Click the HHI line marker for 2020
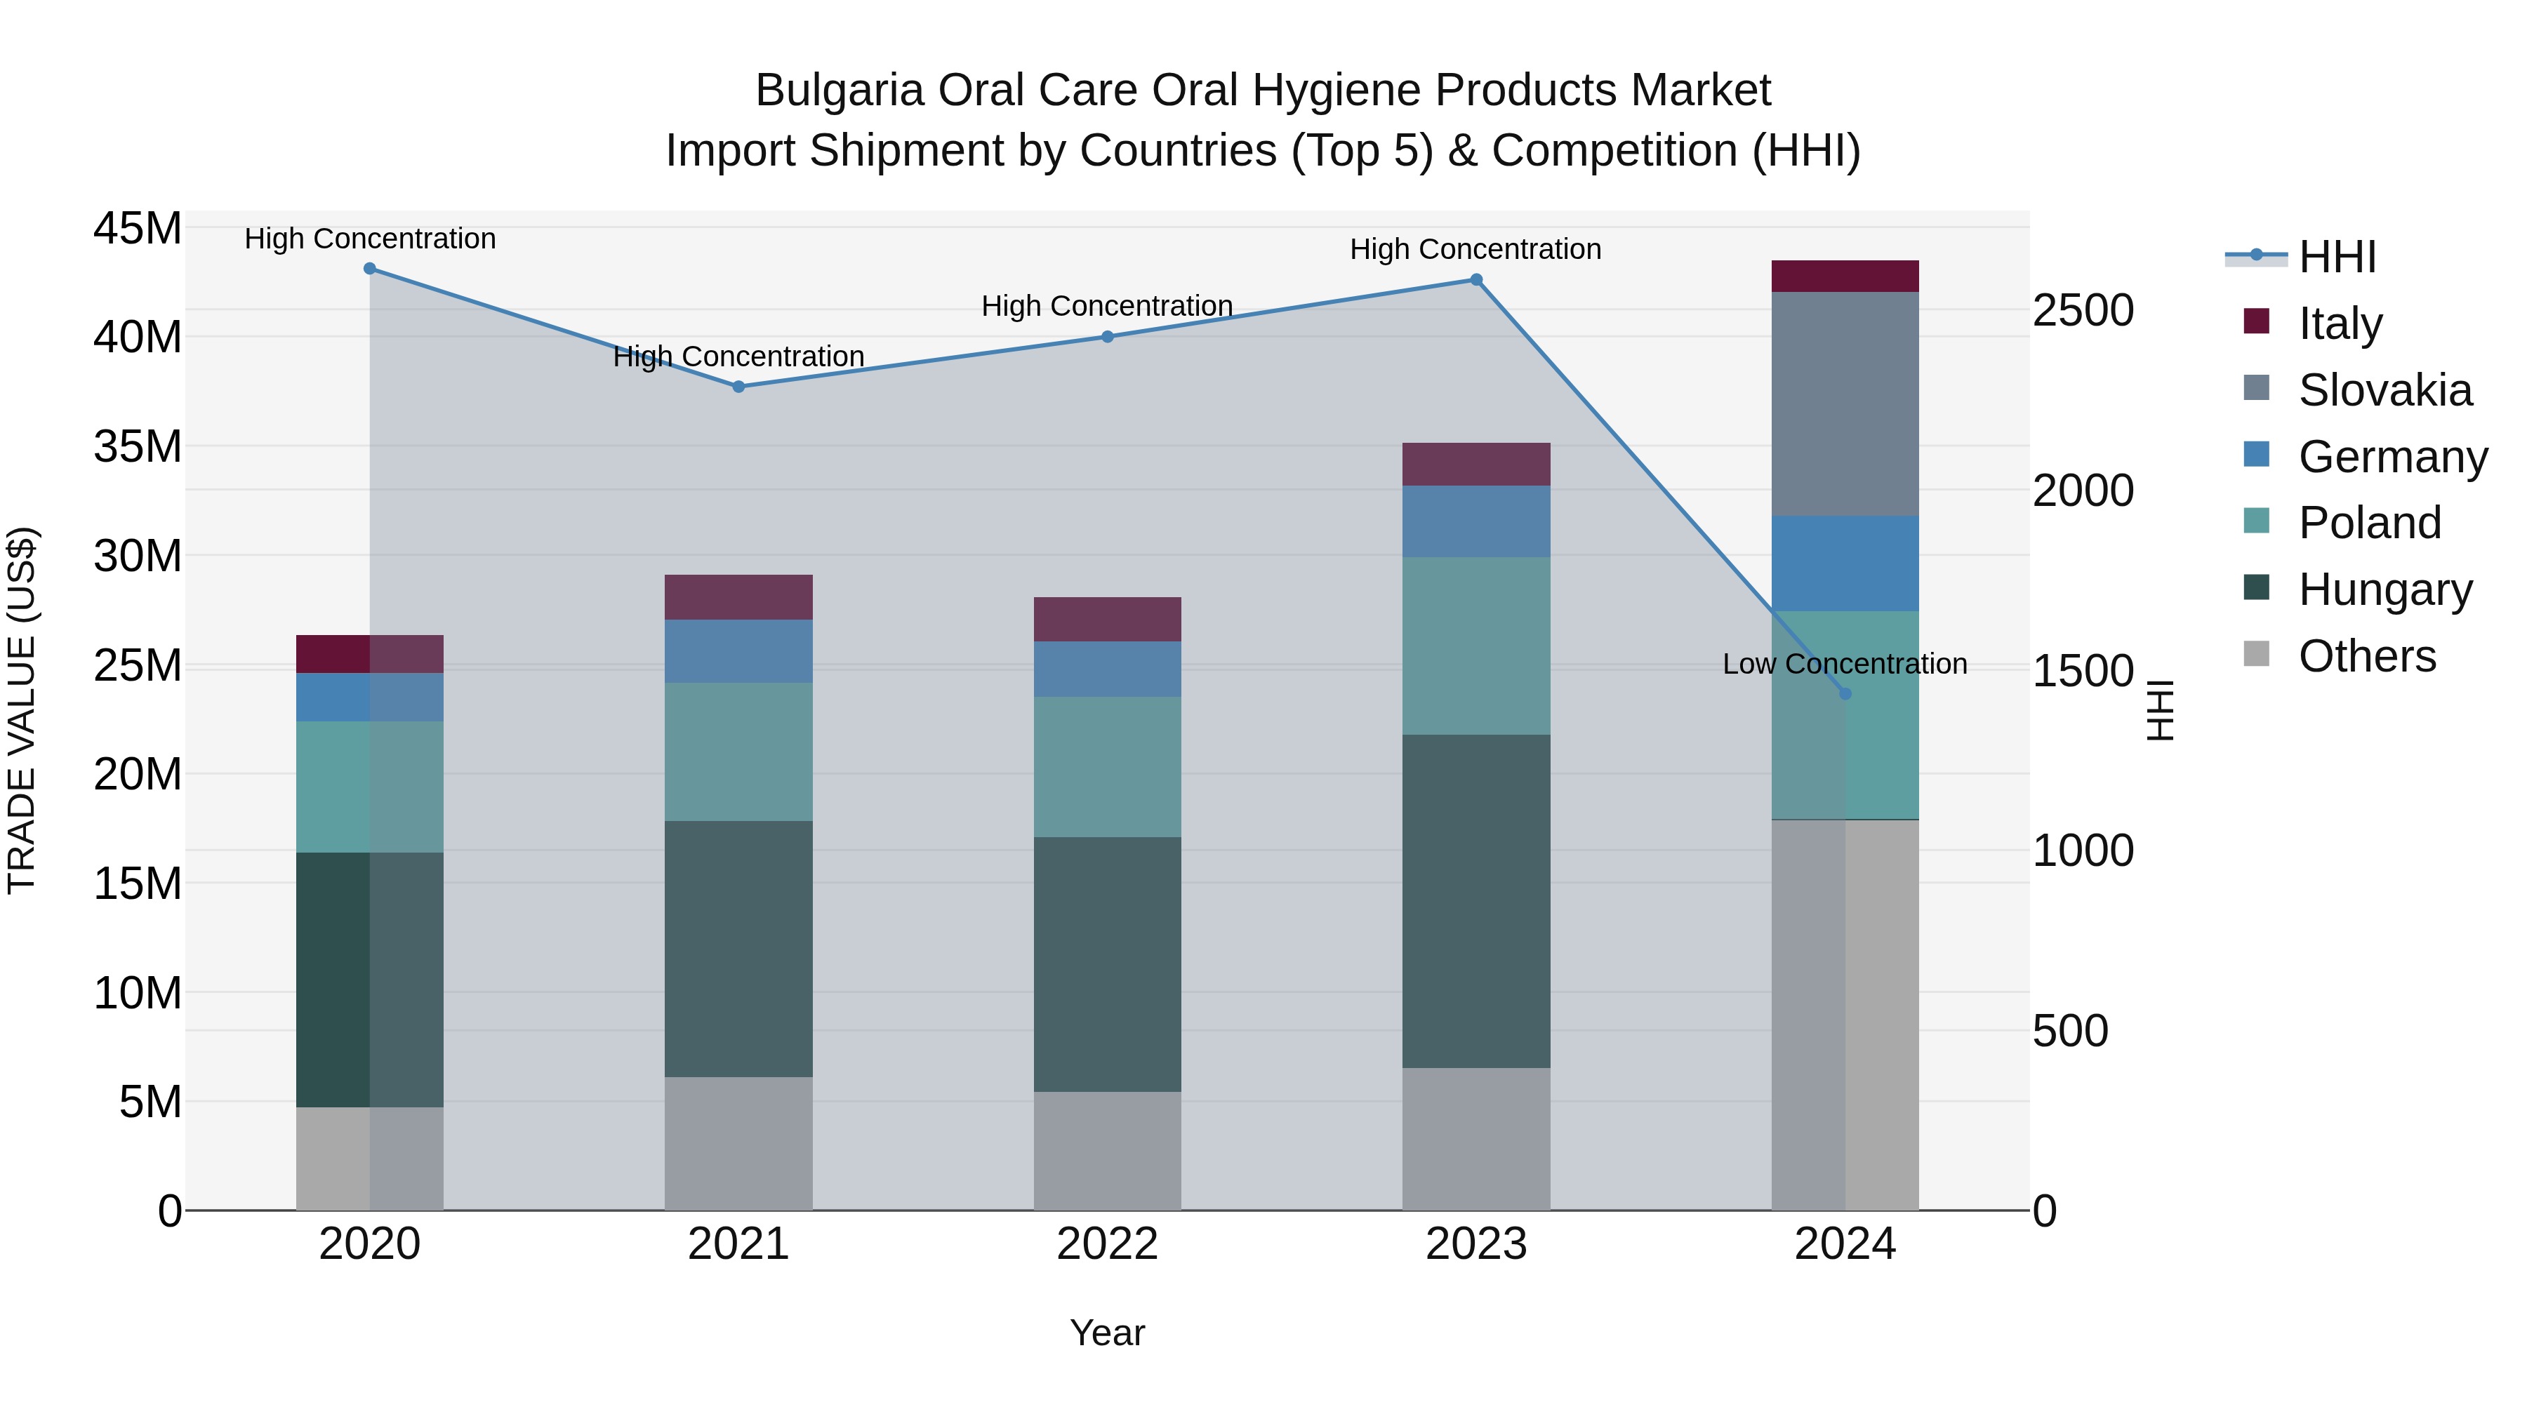[370, 269]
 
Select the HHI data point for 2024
[1845, 694]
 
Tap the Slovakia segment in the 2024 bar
[1845, 404]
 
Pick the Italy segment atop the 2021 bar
[738, 597]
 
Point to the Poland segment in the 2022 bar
[1108, 767]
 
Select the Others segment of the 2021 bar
[738, 1144]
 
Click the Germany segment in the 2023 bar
[1476, 521]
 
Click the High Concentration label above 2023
[1475, 249]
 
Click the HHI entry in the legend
[2337, 257]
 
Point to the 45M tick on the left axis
[138, 229]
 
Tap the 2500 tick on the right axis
[2083, 310]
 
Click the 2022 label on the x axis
[1108, 1244]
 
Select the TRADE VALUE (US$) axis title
[22, 710]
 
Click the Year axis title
[1108, 1333]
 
